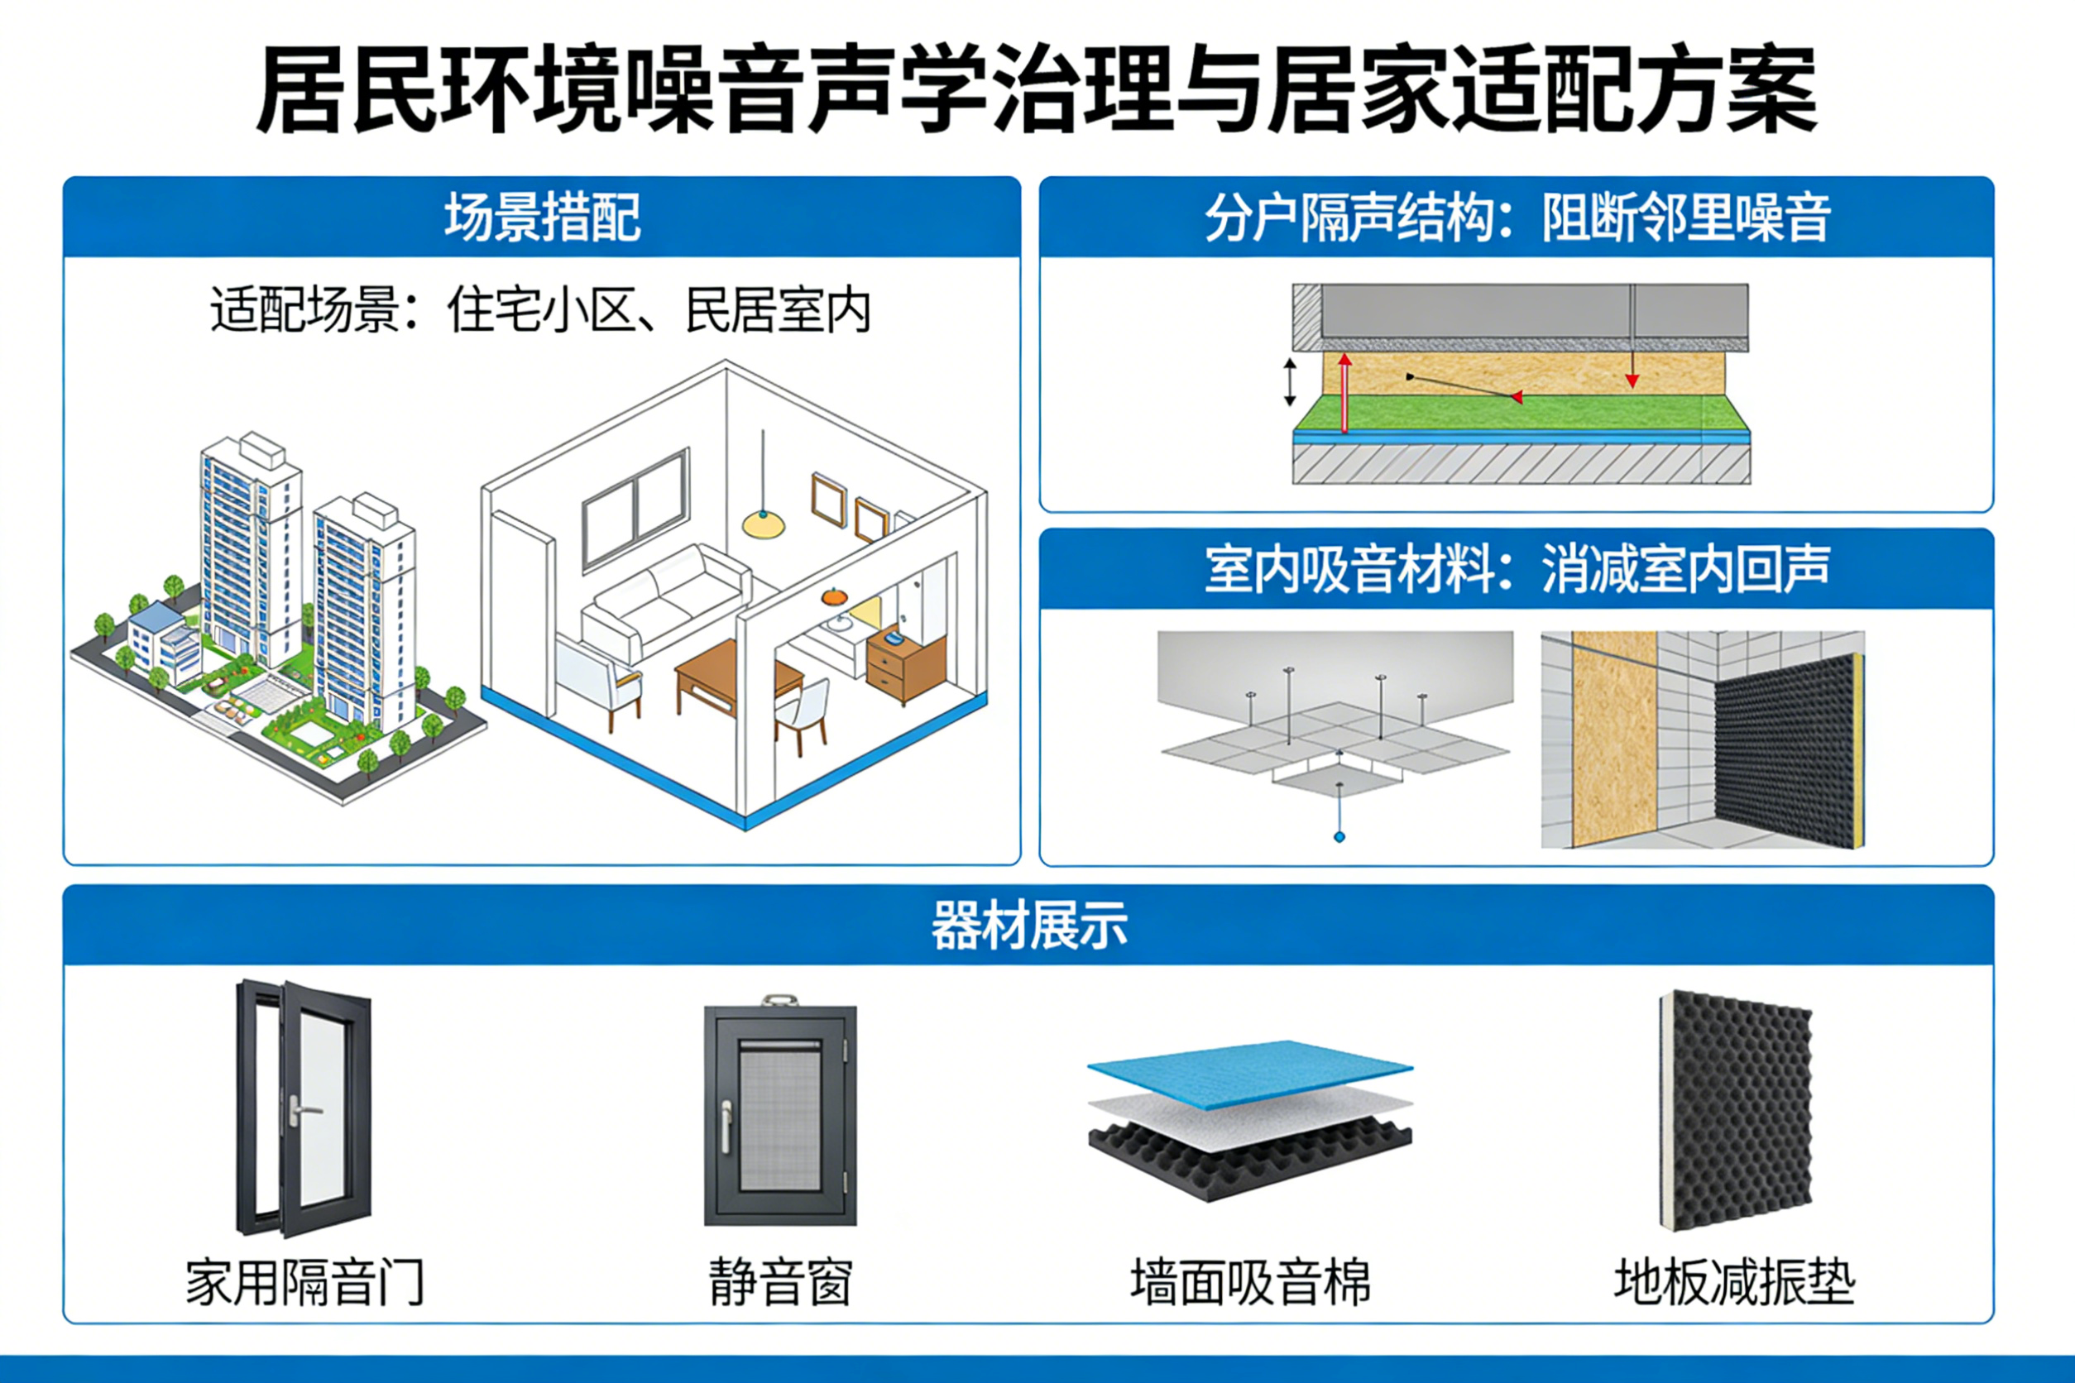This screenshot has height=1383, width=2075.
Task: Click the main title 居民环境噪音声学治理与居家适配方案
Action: tap(1036, 89)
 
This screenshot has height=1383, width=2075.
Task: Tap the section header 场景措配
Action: tap(543, 217)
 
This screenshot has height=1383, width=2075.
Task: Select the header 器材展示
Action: tap(1029, 926)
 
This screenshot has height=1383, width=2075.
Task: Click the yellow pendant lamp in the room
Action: tap(763, 524)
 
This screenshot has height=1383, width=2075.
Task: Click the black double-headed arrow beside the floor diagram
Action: tap(1290, 382)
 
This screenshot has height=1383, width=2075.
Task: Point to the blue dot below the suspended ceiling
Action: tap(1339, 837)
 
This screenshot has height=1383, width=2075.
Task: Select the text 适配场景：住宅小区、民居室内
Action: tap(540, 310)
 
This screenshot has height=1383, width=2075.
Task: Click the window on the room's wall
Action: tap(635, 507)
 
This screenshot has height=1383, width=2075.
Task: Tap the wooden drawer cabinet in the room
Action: tap(905, 663)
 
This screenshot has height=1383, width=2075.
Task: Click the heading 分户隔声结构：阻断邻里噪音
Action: tap(1517, 217)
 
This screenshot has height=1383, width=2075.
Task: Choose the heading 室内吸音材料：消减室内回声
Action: tap(1517, 569)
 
